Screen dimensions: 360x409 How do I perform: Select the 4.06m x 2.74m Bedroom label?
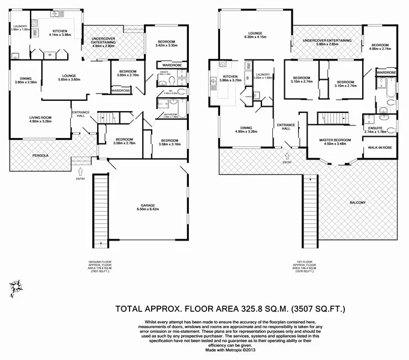click(x=381, y=47)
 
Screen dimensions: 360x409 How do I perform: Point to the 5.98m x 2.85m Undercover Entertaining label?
click(x=327, y=42)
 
